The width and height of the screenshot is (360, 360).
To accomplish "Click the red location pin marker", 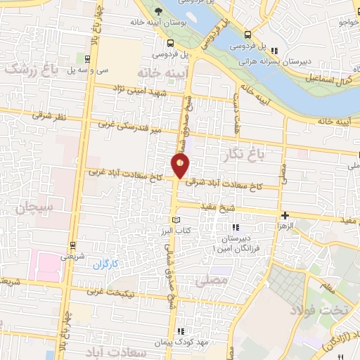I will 181,166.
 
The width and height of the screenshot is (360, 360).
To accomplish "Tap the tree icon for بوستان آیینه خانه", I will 159,11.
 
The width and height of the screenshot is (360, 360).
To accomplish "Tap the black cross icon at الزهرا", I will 284,215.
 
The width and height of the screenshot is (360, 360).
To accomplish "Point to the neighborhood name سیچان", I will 31,208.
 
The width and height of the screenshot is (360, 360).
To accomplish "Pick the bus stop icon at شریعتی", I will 72,245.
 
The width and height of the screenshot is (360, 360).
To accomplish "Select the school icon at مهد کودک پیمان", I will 181,331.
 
